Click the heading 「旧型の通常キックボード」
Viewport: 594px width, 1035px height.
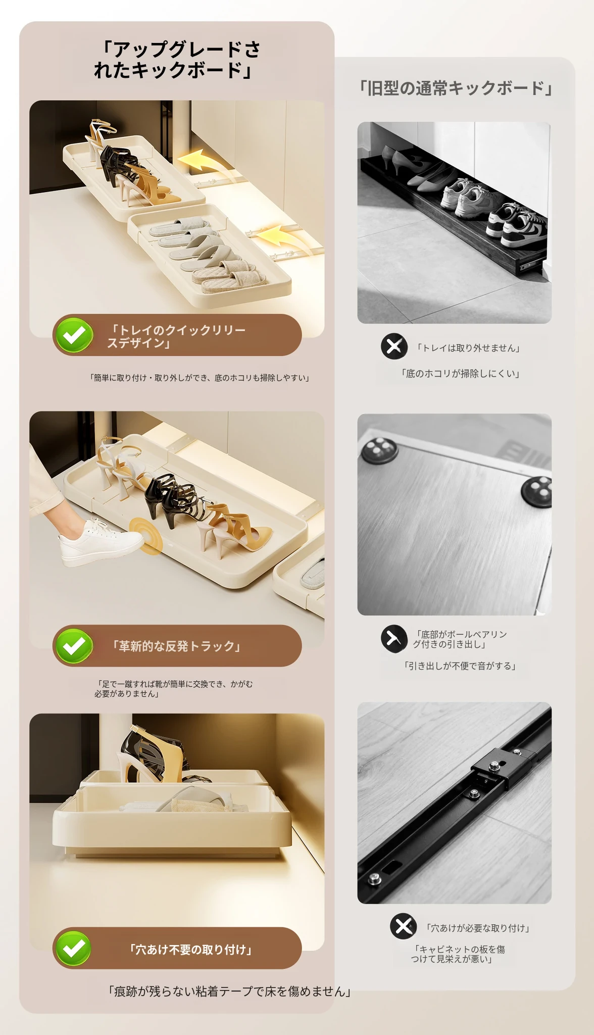click(x=456, y=88)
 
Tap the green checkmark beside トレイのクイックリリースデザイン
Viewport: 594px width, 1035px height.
click(x=74, y=335)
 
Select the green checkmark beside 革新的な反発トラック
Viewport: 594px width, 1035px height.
click(x=74, y=646)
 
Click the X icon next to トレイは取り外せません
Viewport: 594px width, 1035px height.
click(x=394, y=346)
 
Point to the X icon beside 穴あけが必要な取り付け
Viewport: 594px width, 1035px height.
click(x=403, y=926)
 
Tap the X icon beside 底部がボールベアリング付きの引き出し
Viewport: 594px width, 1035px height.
click(x=394, y=638)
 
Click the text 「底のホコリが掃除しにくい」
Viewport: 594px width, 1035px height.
click(x=460, y=373)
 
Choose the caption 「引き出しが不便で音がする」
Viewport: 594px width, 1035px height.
click(x=459, y=666)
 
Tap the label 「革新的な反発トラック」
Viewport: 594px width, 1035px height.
click(x=176, y=646)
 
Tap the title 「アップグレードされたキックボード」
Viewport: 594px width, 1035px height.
click(x=177, y=60)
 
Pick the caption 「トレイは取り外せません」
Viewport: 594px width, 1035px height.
click(x=468, y=348)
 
